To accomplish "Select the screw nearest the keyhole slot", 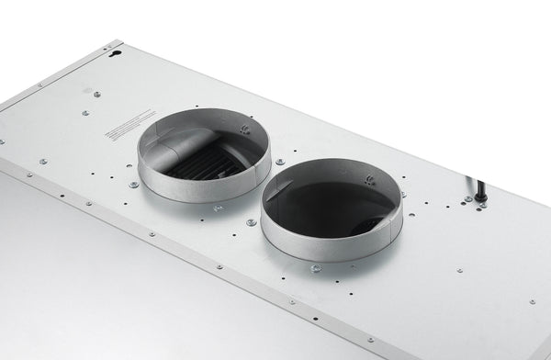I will tap(97, 93).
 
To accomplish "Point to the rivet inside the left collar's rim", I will tap(244, 129).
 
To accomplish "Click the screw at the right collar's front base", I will tap(316, 268).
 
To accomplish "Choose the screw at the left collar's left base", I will tap(134, 185).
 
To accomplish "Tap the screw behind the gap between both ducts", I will tap(279, 162).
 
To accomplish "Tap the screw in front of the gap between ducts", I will tap(251, 222).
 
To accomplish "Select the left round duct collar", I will tap(204, 156).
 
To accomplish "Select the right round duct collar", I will tap(331, 209).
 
